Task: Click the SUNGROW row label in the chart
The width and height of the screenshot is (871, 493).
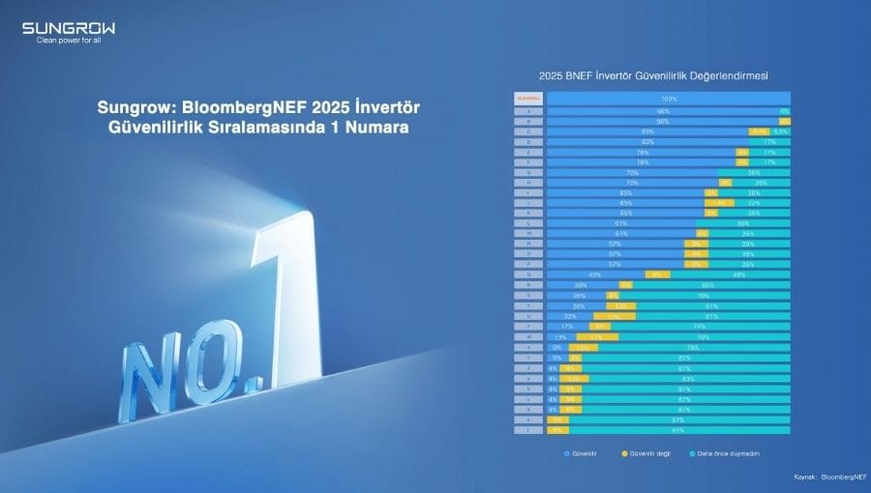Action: pyautogui.click(x=528, y=99)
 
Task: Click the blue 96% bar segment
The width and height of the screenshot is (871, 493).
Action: pyautogui.click(x=662, y=110)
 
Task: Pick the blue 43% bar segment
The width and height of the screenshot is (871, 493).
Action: pyautogui.click(x=594, y=275)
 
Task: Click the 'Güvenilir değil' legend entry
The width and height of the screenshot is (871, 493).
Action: pyautogui.click(x=647, y=451)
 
